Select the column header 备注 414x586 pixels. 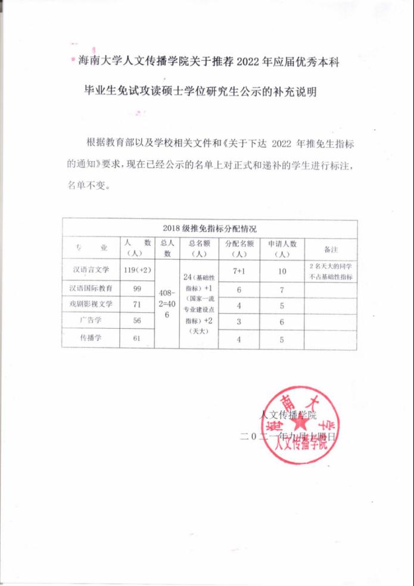click(331, 249)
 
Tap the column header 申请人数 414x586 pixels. click(282, 249)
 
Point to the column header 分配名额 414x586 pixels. click(239, 249)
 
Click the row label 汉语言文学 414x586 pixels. click(91, 270)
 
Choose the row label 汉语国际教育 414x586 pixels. click(91, 288)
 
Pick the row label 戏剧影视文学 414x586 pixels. click(91, 305)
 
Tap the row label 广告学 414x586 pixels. click(91, 320)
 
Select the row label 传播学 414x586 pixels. click(91, 338)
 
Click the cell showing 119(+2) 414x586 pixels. click(137, 270)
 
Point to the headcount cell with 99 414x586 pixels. click(137, 289)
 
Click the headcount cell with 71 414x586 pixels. click(137, 305)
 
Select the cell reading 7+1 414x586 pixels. click(239, 271)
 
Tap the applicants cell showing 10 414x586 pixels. click(282, 271)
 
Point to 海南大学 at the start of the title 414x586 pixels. click(97, 62)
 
